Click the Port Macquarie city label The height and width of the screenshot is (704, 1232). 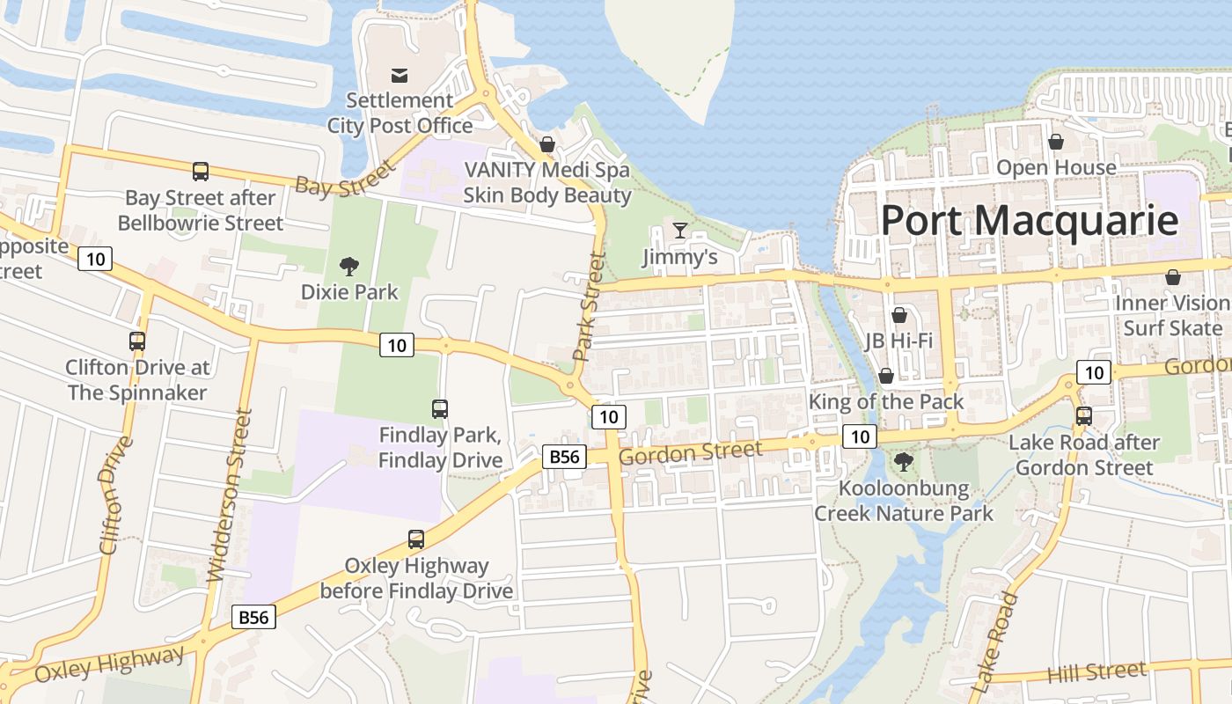click(x=1029, y=220)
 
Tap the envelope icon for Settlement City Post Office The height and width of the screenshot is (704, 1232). click(x=400, y=75)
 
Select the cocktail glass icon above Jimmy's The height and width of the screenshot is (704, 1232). click(x=679, y=231)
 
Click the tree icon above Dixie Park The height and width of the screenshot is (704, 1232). click(x=349, y=265)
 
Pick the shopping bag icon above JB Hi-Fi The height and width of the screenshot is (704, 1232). click(x=898, y=315)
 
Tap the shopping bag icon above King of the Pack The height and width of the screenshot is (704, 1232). click(x=886, y=376)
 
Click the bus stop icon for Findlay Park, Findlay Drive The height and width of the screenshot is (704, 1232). click(x=440, y=408)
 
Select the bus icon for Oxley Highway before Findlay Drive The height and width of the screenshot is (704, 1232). click(x=416, y=539)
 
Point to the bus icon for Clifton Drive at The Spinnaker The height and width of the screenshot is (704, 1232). click(x=137, y=341)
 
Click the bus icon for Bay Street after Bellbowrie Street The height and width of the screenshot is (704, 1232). click(x=201, y=172)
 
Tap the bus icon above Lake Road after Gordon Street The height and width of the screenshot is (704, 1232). click(x=1083, y=416)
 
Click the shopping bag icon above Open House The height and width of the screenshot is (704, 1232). click(x=1056, y=142)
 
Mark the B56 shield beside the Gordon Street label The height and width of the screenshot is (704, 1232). click(x=563, y=457)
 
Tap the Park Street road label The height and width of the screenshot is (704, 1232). click(x=589, y=307)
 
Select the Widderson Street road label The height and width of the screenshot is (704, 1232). click(x=230, y=495)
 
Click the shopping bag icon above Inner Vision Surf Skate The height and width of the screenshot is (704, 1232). click(x=1172, y=277)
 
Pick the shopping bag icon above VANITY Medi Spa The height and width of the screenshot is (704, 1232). click(x=547, y=144)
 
